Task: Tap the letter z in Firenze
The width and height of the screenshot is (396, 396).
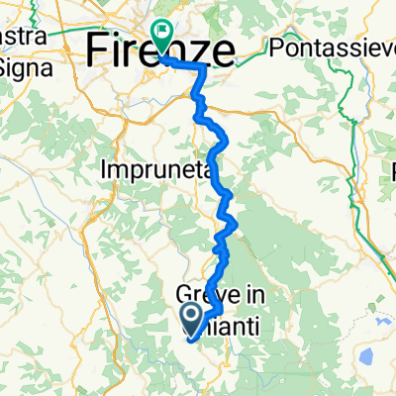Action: tap(203, 51)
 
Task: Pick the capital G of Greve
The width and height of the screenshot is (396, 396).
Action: tap(184, 295)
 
